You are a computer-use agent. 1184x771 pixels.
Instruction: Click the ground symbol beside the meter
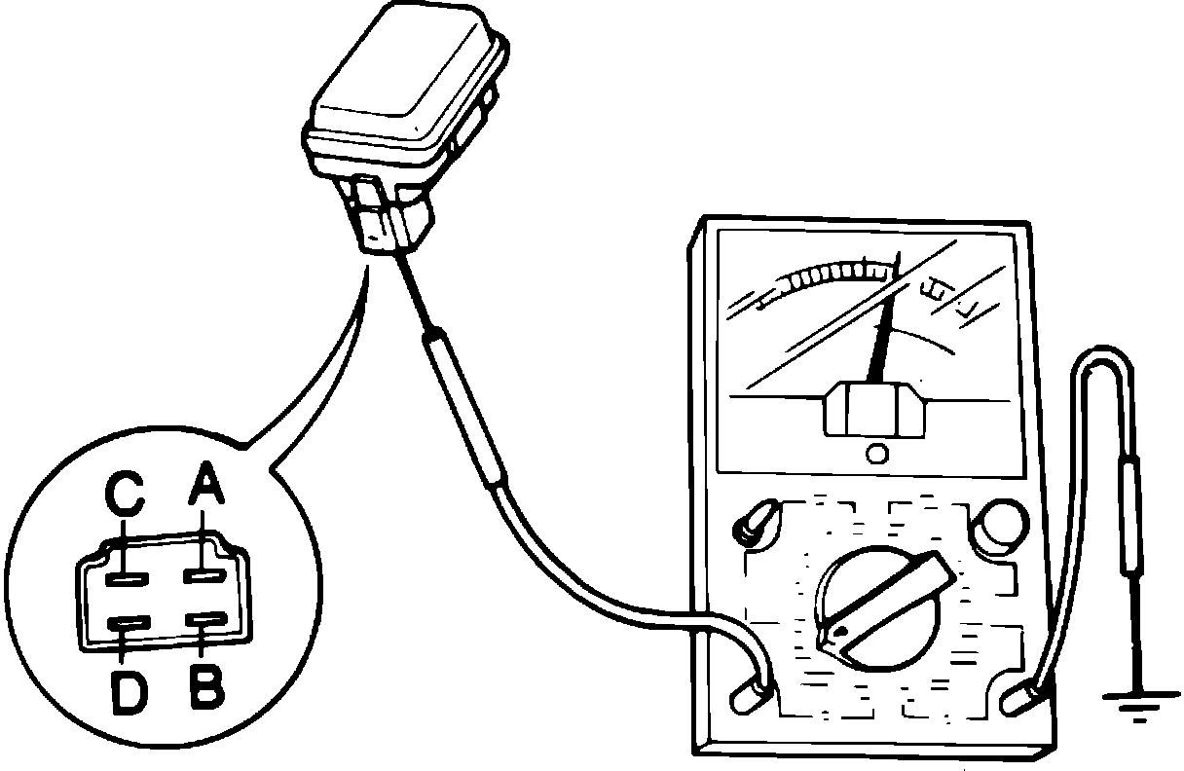pyautogui.click(x=1134, y=700)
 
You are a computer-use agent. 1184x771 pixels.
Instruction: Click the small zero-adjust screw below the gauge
pyautogui.click(x=876, y=454)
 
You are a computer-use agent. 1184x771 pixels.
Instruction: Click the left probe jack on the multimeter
pyautogui.click(x=751, y=688)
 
